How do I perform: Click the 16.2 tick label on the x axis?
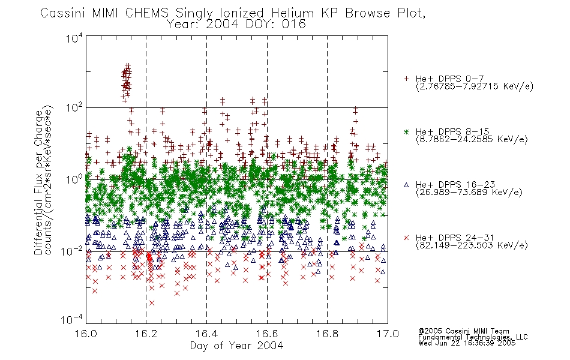tap(146, 334)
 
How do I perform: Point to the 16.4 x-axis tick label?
tap(206, 334)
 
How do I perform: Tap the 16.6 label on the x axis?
tap(267, 334)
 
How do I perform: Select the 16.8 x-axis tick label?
tap(327, 334)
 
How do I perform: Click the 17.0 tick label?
tap(388, 334)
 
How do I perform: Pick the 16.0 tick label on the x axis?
tap(86, 334)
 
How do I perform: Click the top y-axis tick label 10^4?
tap(74, 38)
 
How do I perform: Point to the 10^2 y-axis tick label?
tap(74, 108)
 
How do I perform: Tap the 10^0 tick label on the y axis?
tap(74, 179)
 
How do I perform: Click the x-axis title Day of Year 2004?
tap(236, 346)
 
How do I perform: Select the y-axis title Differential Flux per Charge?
tap(39, 182)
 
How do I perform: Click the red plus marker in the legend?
tap(406, 79)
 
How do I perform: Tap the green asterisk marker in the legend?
tap(406, 131)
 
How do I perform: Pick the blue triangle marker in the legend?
tap(406, 185)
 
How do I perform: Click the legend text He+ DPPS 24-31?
tap(455, 238)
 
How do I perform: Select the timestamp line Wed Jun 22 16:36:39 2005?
tap(467, 343)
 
